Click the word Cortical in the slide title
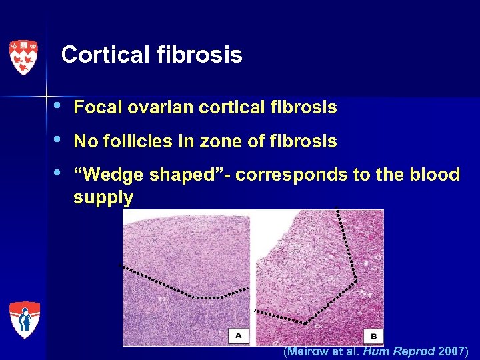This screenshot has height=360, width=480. (x=102, y=55)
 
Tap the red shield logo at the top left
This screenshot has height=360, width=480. (x=24, y=57)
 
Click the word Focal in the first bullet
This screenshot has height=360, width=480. (x=93, y=107)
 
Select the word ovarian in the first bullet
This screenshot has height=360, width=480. (x=148, y=107)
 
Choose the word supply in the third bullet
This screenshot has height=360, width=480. (x=103, y=198)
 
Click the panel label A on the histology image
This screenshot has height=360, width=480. (x=238, y=335)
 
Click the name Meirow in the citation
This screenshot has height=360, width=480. (x=309, y=351)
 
